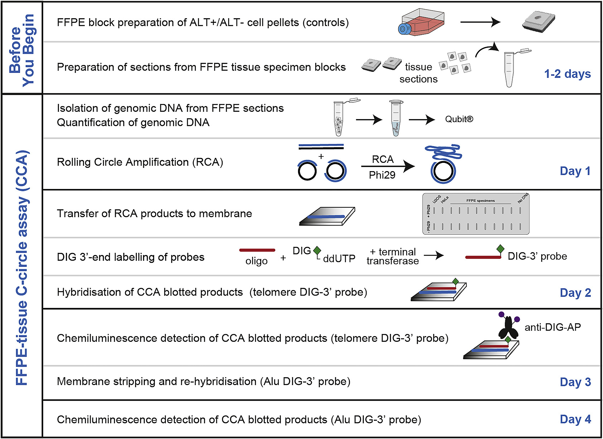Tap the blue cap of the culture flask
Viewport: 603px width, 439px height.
tap(404, 29)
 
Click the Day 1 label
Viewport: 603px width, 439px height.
tap(575, 171)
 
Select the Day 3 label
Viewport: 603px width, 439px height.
tap(575, 382)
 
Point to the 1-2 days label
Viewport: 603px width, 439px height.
tap(567, 74)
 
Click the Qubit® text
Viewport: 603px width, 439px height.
tap(459, 119)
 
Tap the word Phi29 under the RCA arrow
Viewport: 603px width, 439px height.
tap(382, 175)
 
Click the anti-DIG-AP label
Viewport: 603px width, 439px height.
tap(552, 327)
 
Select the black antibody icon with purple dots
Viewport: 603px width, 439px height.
tap(508, 327)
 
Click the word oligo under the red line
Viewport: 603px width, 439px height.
tap(256, 261)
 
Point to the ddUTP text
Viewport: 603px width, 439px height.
tap(339, 259)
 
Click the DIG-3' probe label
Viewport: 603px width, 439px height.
tap(537, 256)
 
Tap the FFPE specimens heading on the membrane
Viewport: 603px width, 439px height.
tap(480, 201)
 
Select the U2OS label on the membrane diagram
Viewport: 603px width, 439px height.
tap(436, 199)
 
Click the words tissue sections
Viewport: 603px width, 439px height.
tap(418, 73)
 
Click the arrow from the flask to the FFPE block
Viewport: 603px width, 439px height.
tap(480, 22)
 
